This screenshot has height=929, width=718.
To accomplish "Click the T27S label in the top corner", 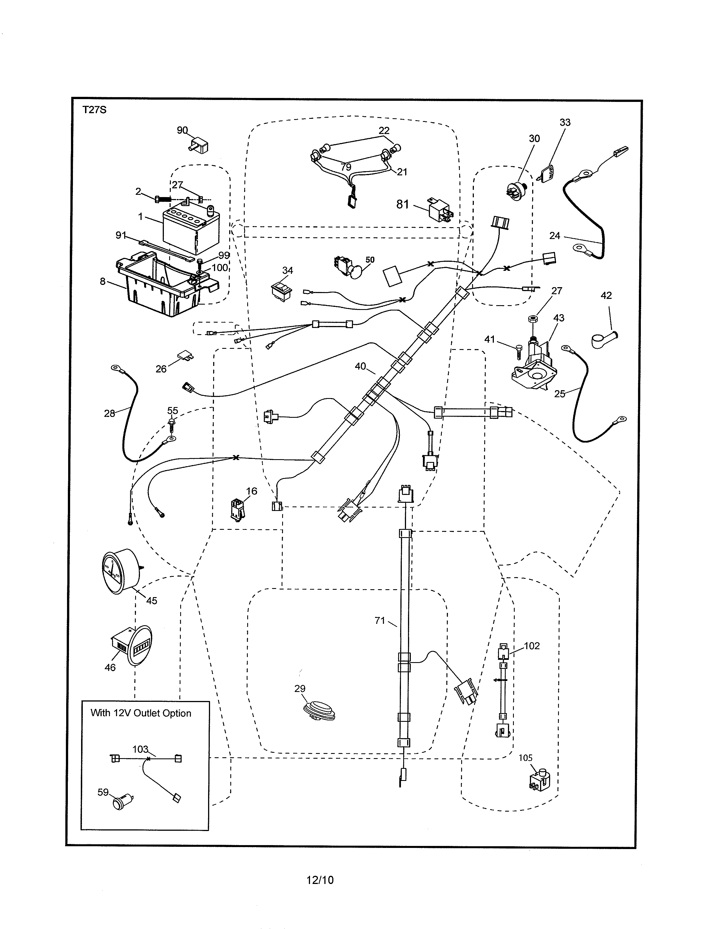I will (x=94, y=110).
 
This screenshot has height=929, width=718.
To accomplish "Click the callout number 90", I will (x=182, y=130).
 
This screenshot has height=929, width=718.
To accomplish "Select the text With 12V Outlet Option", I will (x=141, y=713).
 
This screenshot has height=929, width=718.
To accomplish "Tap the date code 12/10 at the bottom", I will (x=320, y=880).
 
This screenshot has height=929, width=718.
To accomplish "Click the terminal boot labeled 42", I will (x=604, y=339).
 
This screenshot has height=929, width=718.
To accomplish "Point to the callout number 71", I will (x=380, y=621).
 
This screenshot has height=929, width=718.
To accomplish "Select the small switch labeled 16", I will (x=237, y=509).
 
